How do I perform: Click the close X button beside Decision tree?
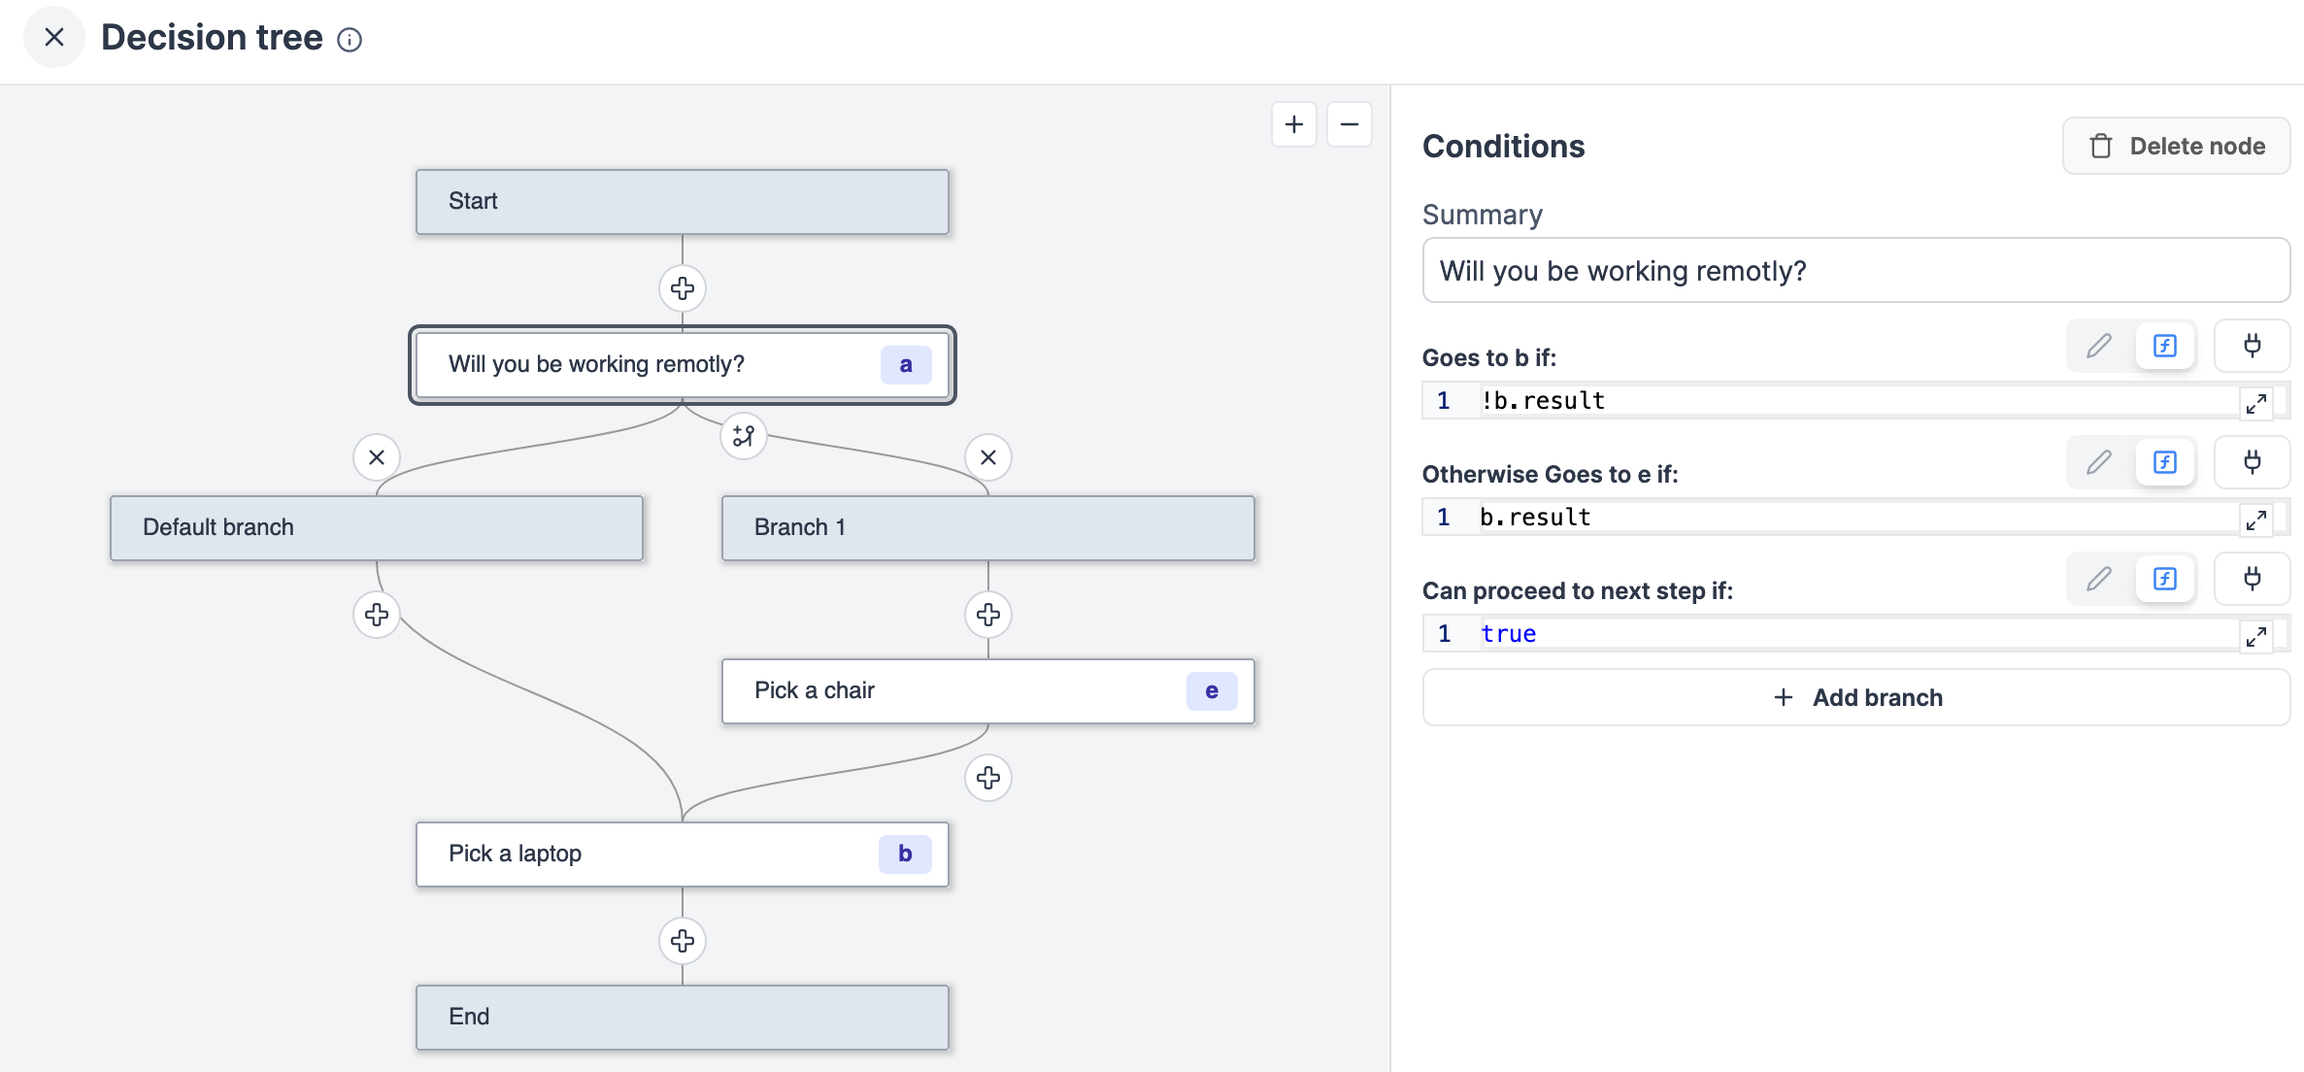tap(54, 38)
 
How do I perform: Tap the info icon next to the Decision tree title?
tap(350, 40)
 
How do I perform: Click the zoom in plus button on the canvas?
tap(1294, 124)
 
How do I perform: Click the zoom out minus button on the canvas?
tap(1350, 124)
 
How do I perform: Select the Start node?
tap(682, 202)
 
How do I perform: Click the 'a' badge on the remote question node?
tap(906, 365)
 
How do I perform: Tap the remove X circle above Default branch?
tap(377, 457)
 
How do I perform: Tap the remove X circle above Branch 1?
tap(988, 457)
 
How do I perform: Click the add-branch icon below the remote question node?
tap(744, 436)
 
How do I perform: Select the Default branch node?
tap(377, 528)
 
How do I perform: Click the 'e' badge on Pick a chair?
tap(1212, 691)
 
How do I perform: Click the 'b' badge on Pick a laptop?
tap(905, 854)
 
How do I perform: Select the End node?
tap(682, 1018)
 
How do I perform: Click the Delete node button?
tap(2176, 147)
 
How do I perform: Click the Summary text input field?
tap(1855, 271)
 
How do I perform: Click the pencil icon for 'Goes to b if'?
tap(2099, 346)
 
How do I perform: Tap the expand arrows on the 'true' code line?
tap(2256, 636)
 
